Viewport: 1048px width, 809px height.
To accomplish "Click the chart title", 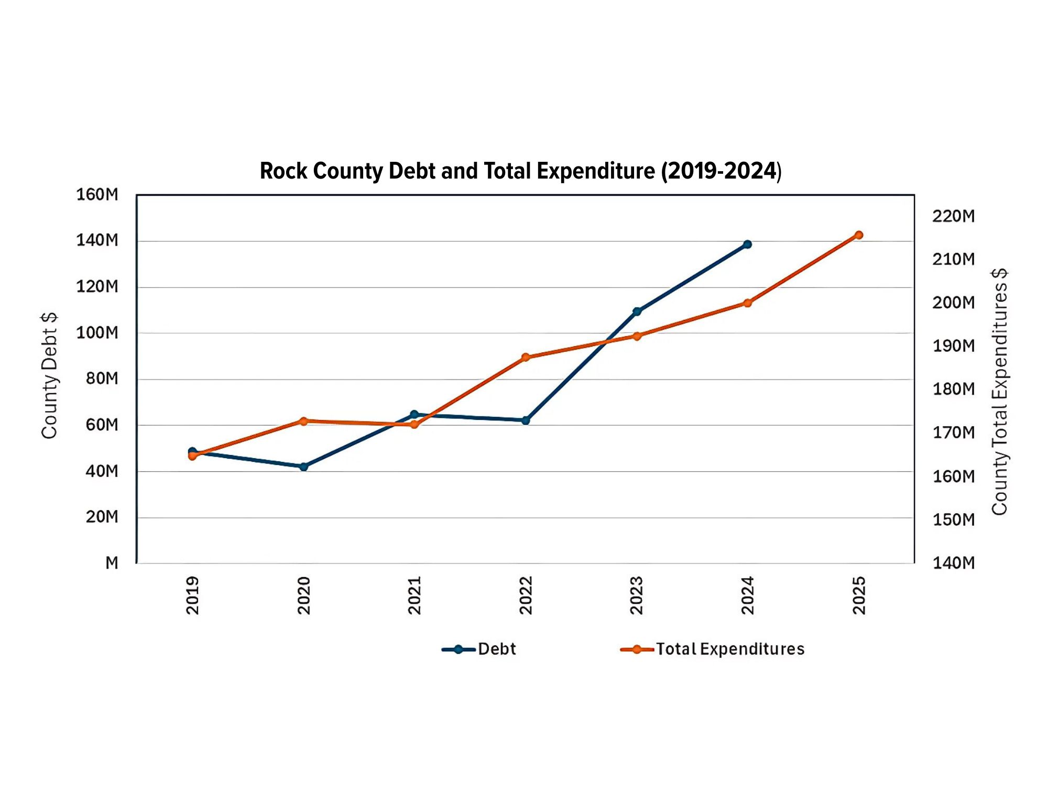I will (x=520, y=171).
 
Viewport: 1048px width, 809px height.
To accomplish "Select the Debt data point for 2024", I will (x=747, y=245).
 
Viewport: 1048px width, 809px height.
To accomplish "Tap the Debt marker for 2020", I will (x=303, y=467).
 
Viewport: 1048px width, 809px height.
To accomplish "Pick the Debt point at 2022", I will (x=526, y=420).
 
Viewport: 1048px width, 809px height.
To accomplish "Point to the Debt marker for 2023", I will (x=637, y=312).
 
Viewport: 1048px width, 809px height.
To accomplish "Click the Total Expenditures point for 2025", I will (x=858, y=235).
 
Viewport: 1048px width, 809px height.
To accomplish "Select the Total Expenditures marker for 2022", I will (x=526, y=357).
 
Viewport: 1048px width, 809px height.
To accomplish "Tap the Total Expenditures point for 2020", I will (x=303, y=421).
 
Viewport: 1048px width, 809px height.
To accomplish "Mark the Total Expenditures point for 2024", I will (x=747, y=303).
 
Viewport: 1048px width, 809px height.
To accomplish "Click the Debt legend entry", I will (x=479, y=649).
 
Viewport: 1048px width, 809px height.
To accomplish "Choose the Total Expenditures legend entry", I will (x=713, y=649).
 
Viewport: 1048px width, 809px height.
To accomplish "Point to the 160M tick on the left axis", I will (x=97, y=195).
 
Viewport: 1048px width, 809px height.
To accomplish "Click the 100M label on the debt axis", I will (x=97, y=333).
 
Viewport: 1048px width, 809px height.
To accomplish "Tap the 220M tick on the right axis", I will (x=953, y=216).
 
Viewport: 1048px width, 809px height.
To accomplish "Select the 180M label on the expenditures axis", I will (x=953, y=389).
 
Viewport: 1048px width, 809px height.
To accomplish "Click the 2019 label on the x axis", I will (x=193, y=595).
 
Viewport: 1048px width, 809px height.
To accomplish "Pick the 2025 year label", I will (x=859, y=595).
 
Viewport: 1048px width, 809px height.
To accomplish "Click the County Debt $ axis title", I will (x=49, y=376).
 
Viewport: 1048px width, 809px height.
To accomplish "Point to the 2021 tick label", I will (x=414, y=595).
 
